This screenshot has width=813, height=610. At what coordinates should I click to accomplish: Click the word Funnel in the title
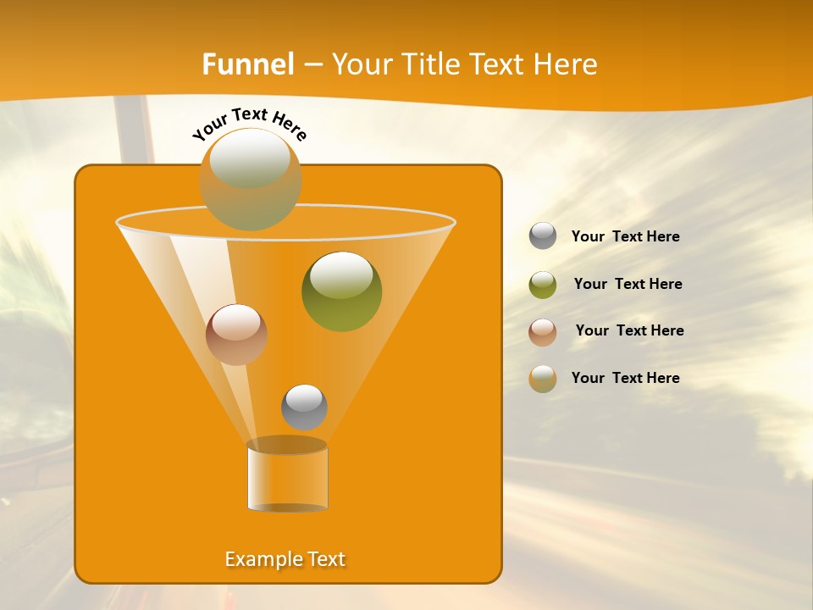pyautogui.click(x=248, y=64)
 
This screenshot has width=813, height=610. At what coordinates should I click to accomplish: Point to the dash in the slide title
pyautogui.click(x=312, y=65)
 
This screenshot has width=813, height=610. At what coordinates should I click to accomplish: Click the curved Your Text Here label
pyautogui.click(x=250, y=123)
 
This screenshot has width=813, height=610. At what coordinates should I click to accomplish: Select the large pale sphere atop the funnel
pyautogui.click(x=251, y=179)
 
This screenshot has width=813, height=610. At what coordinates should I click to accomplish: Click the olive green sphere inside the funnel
pyautogui.click(x=341, y=291)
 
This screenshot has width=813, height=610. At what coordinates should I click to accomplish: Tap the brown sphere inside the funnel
pyautogui.click(x=236, y=334)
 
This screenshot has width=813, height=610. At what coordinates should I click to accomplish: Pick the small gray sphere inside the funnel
pyautogui.click(x=304, y=407)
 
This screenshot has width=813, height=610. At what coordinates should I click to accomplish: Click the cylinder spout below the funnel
pyautogui.click(x=287, y=477)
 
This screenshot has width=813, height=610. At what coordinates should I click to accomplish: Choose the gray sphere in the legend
pyautogui.click(x=543, y=236)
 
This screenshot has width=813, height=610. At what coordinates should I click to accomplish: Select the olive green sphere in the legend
pyautogui.click(x=543, y=284)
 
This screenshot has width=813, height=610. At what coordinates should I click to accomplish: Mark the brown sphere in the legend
pyautogui.click(x=543, y=331)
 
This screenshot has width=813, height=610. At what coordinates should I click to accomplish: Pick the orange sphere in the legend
pyautogui.click(x=543, y=378)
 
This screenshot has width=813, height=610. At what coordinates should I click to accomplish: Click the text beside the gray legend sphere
pyautogui.click(x=625, y=236)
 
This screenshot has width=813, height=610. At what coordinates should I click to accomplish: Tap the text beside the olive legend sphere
pyautogui.click(x=628, y=284)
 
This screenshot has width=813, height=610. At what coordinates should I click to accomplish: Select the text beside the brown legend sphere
pyautogui.click(x=629, y=330)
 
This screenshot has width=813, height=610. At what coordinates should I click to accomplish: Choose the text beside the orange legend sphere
pyautogui.click(x=625, y=378)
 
